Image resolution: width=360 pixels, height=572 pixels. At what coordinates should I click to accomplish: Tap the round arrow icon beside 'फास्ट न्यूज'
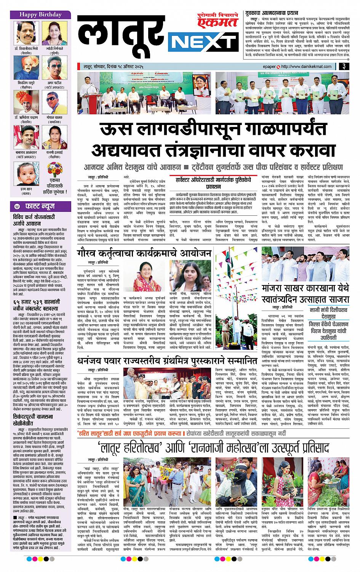coord(18,206)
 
